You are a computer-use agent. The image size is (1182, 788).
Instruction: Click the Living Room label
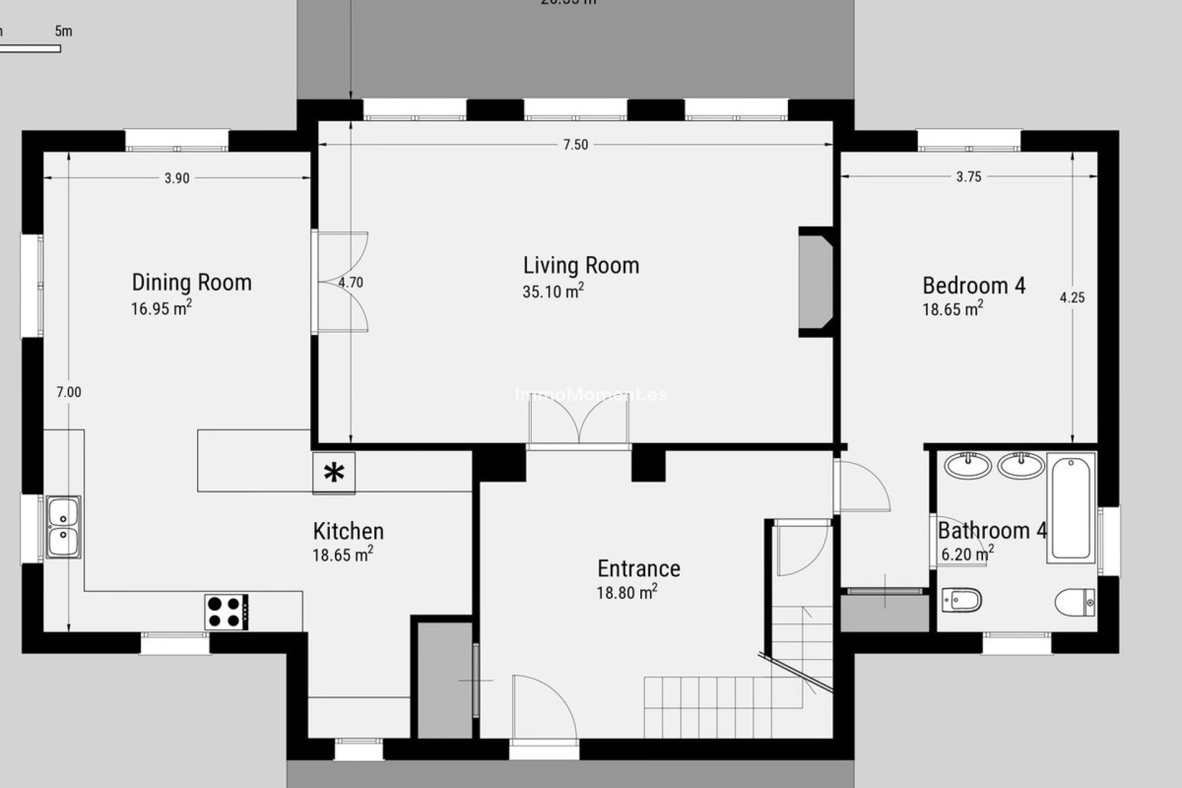point(581,265)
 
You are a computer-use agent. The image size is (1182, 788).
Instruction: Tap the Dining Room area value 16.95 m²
point(161,308)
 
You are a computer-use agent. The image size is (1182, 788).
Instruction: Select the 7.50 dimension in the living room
point(576,145)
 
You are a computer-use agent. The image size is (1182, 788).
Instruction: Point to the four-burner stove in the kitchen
point(227,612)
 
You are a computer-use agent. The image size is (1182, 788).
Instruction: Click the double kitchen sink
point(63,527)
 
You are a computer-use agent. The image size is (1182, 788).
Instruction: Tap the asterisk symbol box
point(334,473)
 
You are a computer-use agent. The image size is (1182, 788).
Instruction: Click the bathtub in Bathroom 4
point(1071,508)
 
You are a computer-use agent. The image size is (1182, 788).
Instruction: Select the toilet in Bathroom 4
point(1075,602)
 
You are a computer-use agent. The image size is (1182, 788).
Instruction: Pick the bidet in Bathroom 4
point(962,599)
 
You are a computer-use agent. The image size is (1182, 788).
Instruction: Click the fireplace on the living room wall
point(816,283)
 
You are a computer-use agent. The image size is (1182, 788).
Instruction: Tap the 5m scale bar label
point(63,31)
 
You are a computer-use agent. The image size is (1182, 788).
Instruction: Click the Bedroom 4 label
point(974,286)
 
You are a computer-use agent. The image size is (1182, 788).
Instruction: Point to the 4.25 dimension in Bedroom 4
point(1072,297)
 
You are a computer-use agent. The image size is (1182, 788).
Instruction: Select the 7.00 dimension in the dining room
point(69,392)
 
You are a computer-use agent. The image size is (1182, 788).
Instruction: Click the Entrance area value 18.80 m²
point(627,592)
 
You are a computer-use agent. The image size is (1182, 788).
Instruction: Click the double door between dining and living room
point(342,283)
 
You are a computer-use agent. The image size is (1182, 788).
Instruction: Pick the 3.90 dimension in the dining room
point(177,179)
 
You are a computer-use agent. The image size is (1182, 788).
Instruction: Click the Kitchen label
point(348,531)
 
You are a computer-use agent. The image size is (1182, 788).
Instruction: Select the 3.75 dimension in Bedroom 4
point(968,177)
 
